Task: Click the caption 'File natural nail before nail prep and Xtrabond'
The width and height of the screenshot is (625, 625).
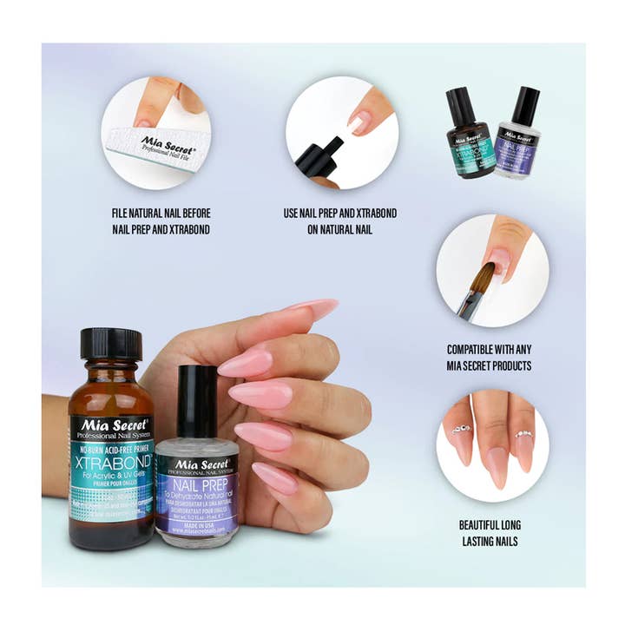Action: (161, 220)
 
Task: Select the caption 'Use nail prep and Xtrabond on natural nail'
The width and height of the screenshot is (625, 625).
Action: (340, 220)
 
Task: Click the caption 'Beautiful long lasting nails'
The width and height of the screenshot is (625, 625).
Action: (490, 533)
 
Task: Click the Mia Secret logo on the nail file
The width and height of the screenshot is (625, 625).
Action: (163, 142)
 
